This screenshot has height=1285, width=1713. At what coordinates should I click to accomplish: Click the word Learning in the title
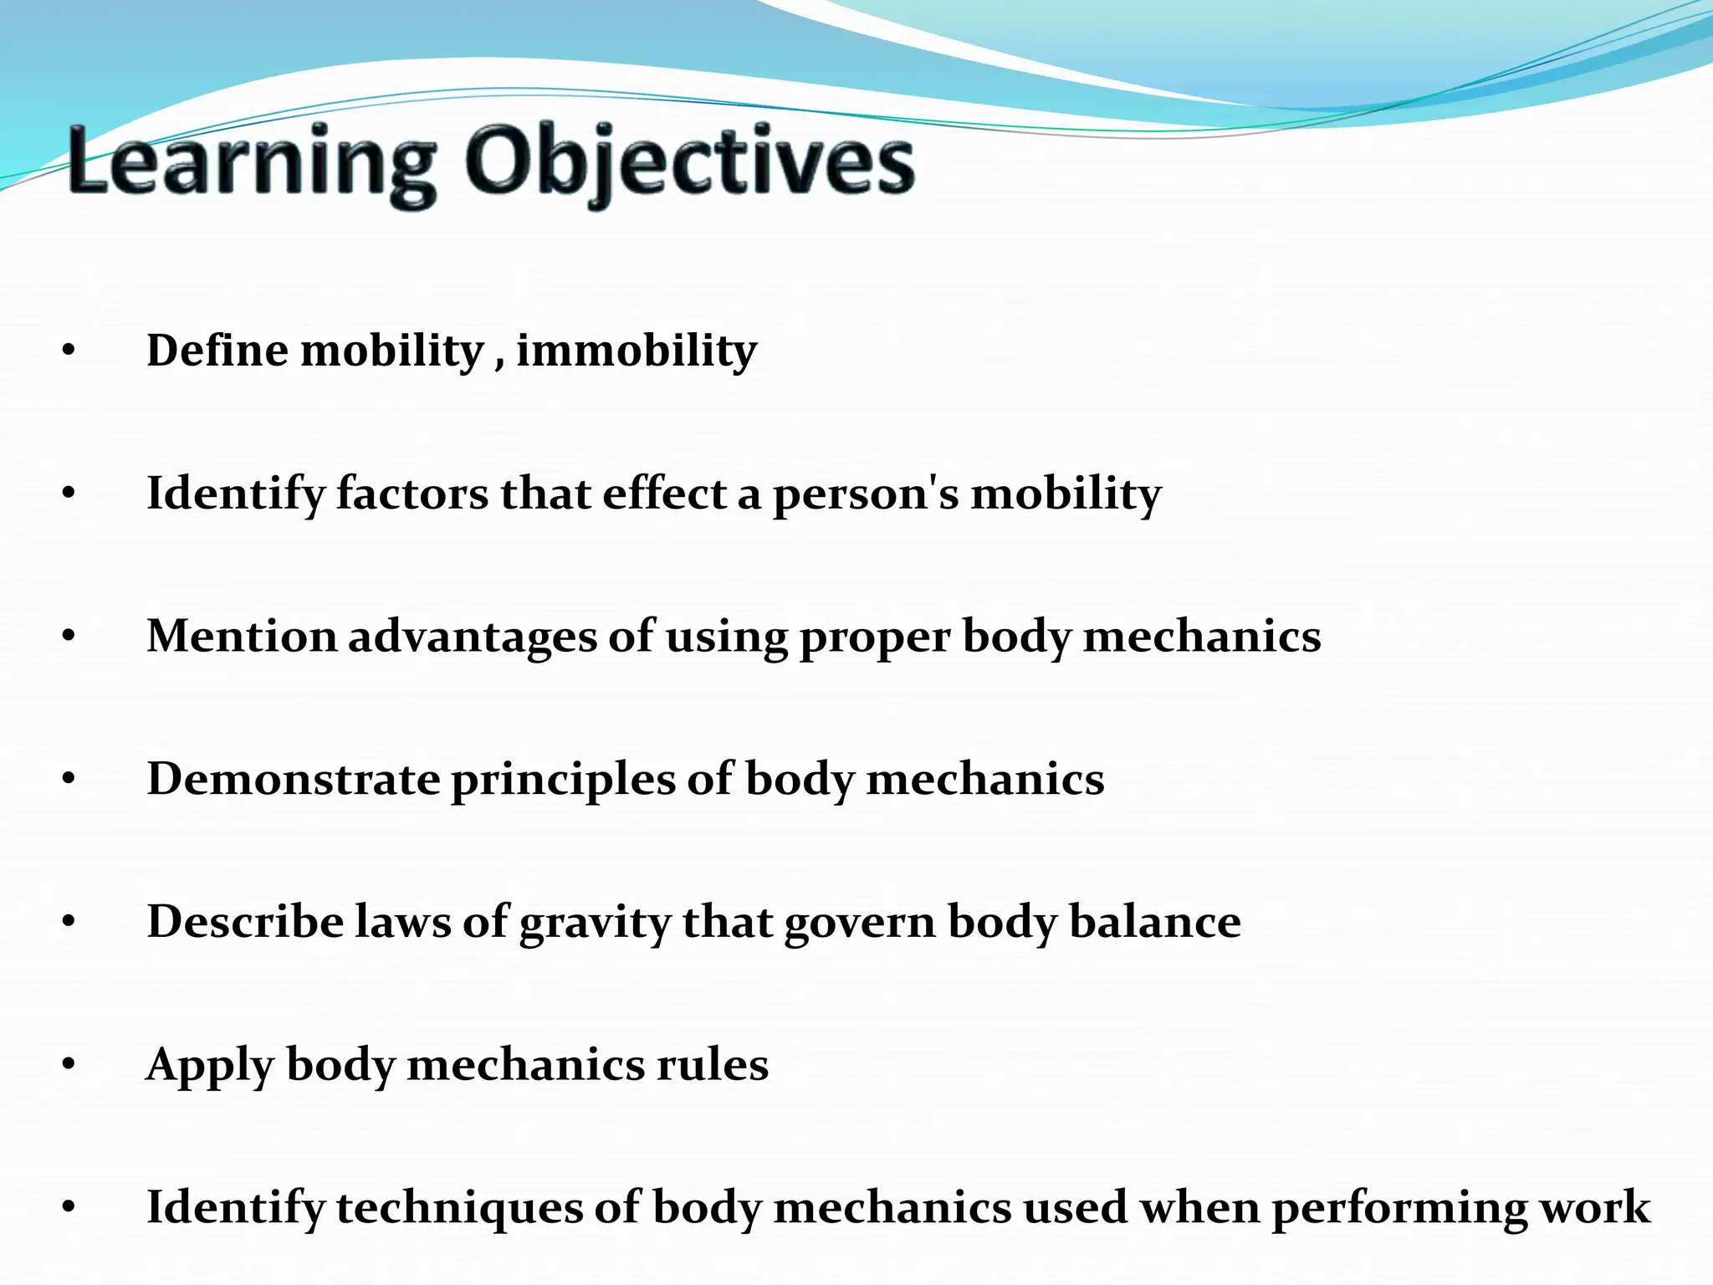[x=251, y=163]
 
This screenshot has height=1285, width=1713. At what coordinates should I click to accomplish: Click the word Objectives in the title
[x=690, y=163]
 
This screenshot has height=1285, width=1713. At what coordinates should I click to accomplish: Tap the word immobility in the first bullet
[x=637, y=351]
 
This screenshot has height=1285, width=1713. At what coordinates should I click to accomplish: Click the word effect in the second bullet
[x=664, y=494]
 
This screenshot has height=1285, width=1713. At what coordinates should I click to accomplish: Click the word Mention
[x=241, y=637]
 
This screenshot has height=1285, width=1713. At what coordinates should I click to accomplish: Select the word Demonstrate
[x=294, y=780]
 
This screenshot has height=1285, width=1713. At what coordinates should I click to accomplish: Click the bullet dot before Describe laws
[x=69, y=923]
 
